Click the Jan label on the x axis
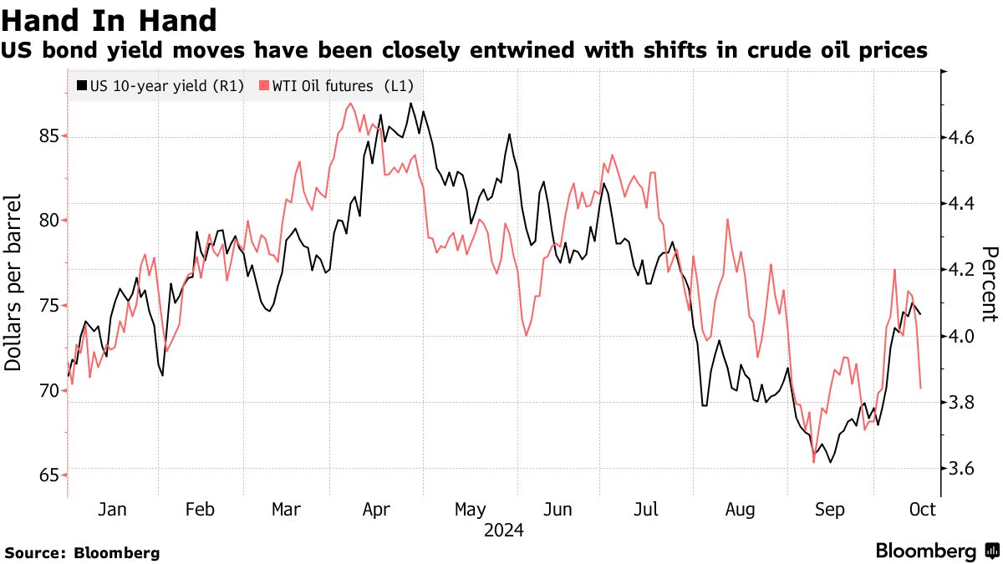click(x=112, y=510)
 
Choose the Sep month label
click(x=829, y=510)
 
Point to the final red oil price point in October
click(x=921, y=388)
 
